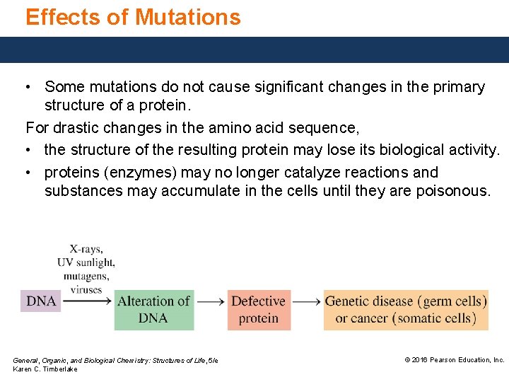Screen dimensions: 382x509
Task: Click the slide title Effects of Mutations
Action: click(133, 17)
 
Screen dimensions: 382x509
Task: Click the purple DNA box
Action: click(41, 301)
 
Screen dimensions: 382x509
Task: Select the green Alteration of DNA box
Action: click(153, 310)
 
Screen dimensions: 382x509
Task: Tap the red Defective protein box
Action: click(258, 310)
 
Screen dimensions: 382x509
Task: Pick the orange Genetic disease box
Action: click(406, 310)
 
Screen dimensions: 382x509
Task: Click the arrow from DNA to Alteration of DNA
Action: click(87, 301)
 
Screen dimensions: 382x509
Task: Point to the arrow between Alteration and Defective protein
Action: click(211, 302)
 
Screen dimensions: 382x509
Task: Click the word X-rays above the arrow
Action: click(86, 249)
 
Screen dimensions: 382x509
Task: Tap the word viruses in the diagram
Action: click(86, 289)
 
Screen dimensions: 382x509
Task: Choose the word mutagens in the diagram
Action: click(86, 276)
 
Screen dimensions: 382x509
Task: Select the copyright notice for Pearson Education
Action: click(454, 360)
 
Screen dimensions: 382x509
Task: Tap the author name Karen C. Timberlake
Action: click(45, 369)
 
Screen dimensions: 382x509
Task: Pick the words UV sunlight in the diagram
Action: click(86, 262)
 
